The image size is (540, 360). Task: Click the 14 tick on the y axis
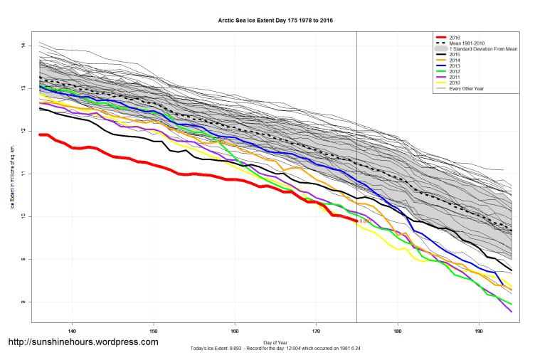tap(23, 46)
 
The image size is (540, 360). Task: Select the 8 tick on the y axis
tap(23, 302)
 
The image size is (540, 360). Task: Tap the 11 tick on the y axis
tap(23, 174)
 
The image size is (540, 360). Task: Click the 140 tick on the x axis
tap(72, 331)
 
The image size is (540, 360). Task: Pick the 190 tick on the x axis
tap(479, 331)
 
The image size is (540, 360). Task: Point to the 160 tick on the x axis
tap(235, 331)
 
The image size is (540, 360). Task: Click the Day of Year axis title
tap(275, 342)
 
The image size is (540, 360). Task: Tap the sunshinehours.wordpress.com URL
tap(83, 342)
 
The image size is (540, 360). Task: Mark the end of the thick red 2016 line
tap(356, 221)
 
